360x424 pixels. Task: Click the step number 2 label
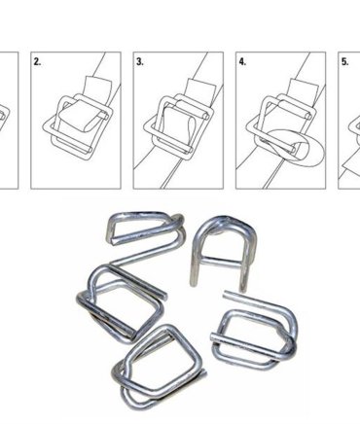[x=37, y=61]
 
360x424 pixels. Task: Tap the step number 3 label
[x=140, y=61]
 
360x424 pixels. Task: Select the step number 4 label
[x=242, y=61]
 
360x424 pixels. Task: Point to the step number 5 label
[x=344, y=61]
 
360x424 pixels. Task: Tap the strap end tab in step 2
[x=97, y=85]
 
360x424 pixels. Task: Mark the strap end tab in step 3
[x=200, y=87]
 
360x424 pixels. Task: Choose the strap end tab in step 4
[x=303, y=87]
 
